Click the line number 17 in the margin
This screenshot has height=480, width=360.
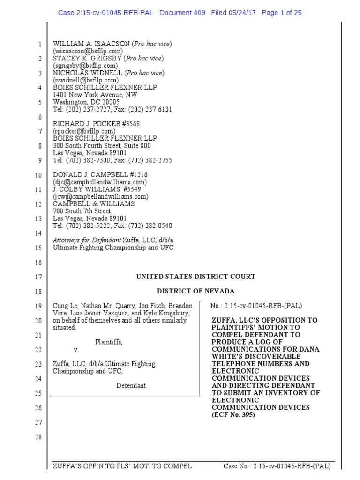[38, 277]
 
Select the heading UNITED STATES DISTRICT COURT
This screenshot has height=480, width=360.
[195, 277]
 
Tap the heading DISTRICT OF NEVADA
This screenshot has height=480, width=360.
[195, 291]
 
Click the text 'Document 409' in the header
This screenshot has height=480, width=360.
[182, 13]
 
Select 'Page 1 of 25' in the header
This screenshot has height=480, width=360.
[282, 13]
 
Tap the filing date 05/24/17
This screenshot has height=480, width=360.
[242, 13]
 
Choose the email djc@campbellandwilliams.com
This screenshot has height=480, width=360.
[100, 182]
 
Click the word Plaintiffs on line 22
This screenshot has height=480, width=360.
[109, 342]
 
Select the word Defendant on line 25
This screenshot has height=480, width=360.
[132, 385]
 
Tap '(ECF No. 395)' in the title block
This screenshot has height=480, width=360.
[233, 415]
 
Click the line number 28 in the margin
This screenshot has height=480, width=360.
[38, 437]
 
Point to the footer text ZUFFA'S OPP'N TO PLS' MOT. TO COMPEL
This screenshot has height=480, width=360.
[122, 466]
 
